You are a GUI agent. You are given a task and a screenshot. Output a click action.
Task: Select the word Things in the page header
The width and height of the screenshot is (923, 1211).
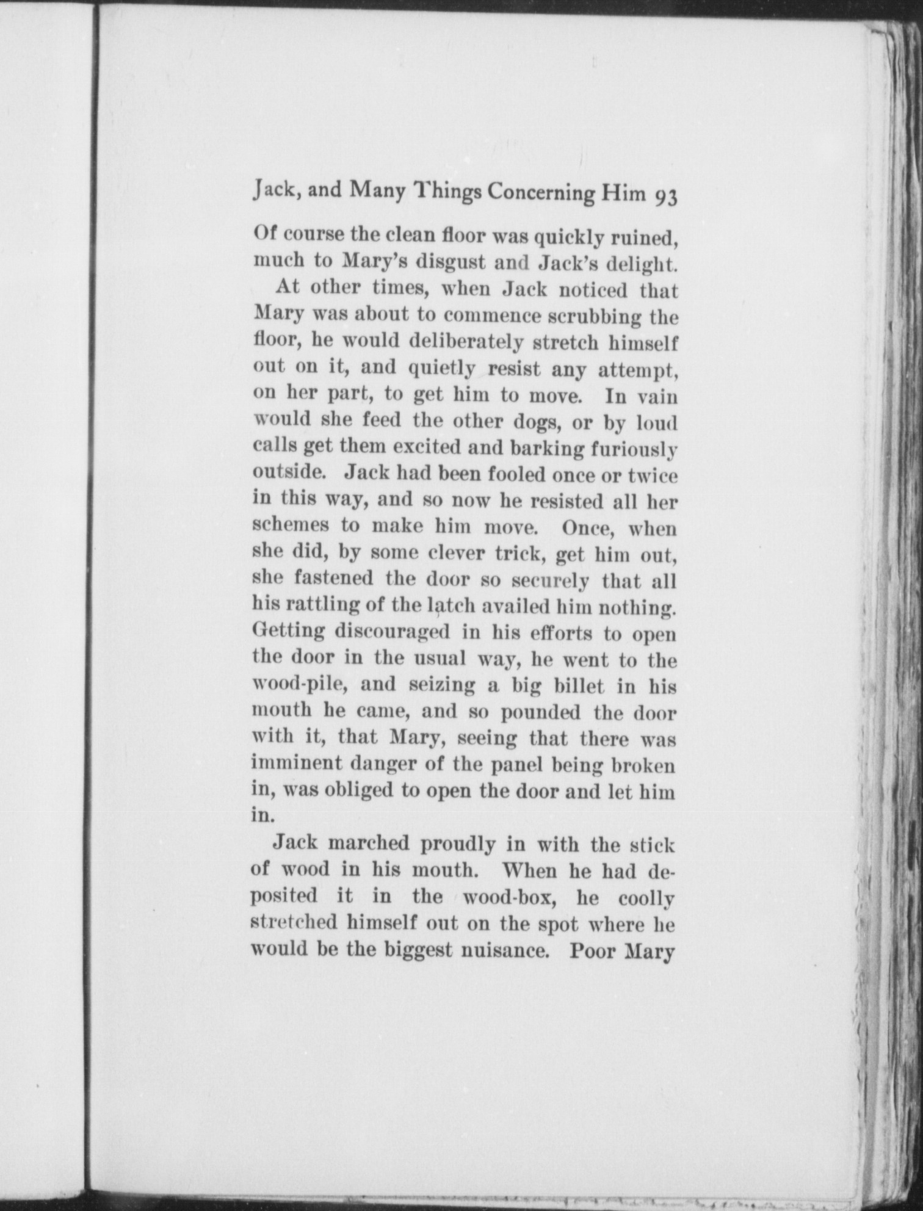tap(448, 194)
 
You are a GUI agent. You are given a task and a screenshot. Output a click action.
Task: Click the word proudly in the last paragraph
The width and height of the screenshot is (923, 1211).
tap(449, 845)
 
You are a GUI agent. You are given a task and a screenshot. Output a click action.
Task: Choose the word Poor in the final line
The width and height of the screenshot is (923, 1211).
tap(591, 951)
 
